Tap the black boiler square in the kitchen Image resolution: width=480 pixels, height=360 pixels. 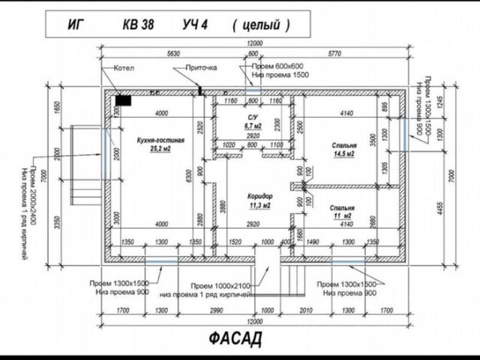pyautogui.click(x=124, y=98)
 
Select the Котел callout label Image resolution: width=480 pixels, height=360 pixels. pyautogui.click(x=123, y=67)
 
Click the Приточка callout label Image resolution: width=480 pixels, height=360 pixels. pyautogui.click(x=202, y=67)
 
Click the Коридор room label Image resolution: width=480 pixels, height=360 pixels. pyautogui.click(x=259, y=195)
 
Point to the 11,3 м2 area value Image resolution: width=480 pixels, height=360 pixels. pyautogui.click(x=259, y=204)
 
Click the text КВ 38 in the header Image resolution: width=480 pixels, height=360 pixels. pyautogui.click(x=139, y=25)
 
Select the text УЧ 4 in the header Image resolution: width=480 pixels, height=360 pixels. pyautogui.click(x=194, y=25)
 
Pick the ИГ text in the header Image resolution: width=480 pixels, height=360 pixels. pyautogui.click(x=75, y=25)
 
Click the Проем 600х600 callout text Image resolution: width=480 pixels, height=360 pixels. pyautogui.click(x=278, y=66)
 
